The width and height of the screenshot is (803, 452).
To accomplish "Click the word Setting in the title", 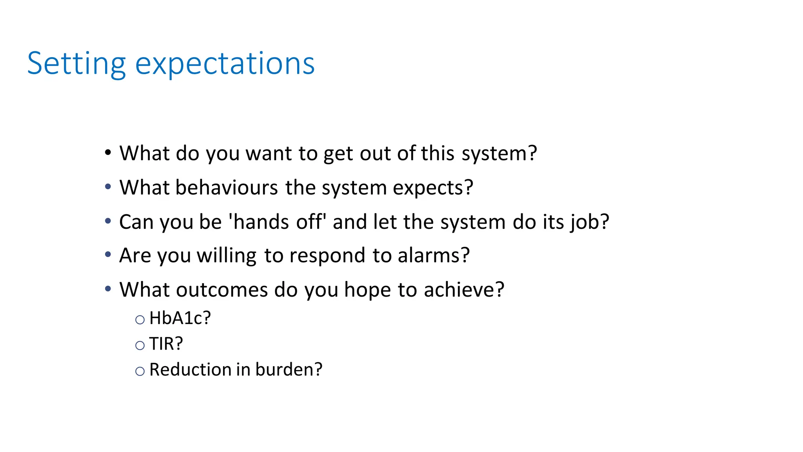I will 76,64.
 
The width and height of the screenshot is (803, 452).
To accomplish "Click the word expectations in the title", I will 225,64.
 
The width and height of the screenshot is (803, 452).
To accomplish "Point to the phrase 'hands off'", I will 278,222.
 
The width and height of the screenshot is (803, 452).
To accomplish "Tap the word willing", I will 227,256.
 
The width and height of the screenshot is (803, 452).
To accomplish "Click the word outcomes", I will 222,290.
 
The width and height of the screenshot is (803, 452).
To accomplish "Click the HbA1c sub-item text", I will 180,318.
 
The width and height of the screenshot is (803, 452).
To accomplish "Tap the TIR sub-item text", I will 166,344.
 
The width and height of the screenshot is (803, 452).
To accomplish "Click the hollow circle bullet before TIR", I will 140,346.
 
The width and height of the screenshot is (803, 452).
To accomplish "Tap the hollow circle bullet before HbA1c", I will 140,320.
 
